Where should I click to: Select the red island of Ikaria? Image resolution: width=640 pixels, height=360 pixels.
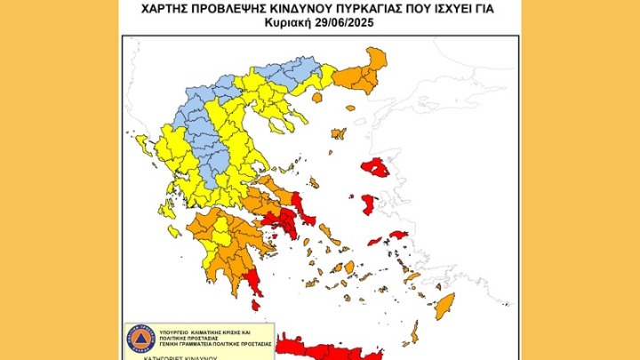click(x=375, y=240)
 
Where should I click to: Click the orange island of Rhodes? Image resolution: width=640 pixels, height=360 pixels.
click(x=442, y=306)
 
